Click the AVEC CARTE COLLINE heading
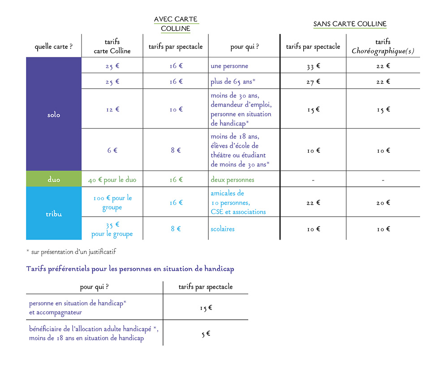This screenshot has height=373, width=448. coord(176,24)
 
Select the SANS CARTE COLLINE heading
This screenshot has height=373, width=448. coord(349,24)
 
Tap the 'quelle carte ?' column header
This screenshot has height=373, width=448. coord(54,47)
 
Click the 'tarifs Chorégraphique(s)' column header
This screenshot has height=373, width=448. coord(383,47)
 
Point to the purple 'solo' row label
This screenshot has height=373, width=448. coord(54,115)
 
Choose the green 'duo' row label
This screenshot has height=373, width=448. coord(54,180)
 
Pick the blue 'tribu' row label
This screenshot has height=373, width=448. coord(54,214)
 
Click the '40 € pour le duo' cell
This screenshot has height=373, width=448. coord(112,180)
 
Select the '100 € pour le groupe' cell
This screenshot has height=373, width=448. coord(112,202)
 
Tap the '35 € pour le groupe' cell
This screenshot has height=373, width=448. coord(112,229)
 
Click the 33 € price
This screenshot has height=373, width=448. coord(313,66)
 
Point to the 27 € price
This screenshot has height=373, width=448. coord(313,81)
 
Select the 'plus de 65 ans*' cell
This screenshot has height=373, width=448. coord(233,81)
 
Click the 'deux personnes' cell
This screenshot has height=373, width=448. coord(232,180)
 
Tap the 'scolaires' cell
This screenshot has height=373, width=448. coord(223,229)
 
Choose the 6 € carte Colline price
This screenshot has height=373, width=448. coord(112,150)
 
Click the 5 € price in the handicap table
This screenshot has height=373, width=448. coord(206,334)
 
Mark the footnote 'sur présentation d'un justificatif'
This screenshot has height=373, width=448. coord(72,252)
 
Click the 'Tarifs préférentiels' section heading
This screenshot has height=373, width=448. coord(130,269)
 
